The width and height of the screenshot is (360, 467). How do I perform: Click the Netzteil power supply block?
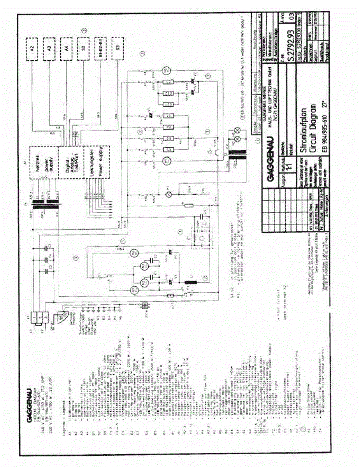[43, 163]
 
